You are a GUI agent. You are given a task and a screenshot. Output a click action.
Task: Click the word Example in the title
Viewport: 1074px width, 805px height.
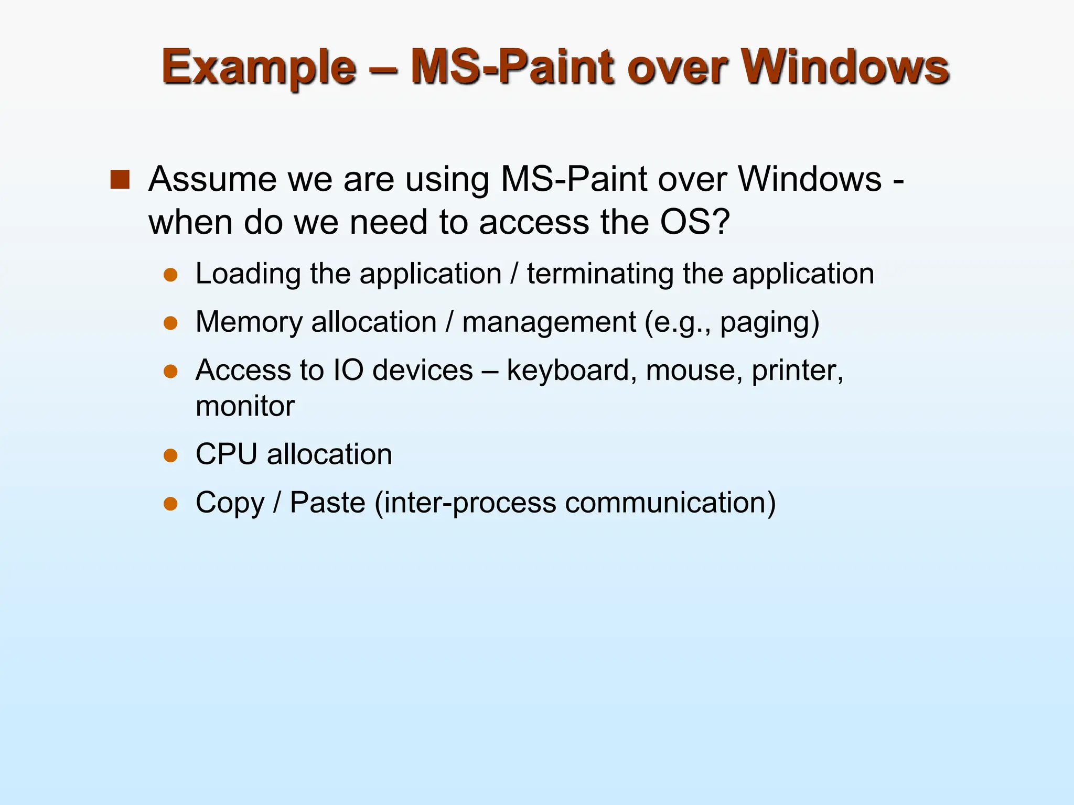pyautogui.click(x=259, y=67)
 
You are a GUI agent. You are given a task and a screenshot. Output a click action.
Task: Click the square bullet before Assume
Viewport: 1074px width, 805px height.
pyautogui.click(x=120, y=180)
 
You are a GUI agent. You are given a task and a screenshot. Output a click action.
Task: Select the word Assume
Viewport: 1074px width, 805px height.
pyautogui.click(x=212, y=179)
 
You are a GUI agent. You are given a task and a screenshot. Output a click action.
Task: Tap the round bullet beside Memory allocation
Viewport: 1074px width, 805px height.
pyautogui.click(x=170, y=323)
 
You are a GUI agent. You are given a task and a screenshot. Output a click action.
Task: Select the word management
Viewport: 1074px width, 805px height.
pyautogui.click(x=549, y=322)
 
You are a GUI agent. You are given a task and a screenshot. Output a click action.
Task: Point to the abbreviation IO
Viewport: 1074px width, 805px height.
pyautogui.click(x=349, y=370)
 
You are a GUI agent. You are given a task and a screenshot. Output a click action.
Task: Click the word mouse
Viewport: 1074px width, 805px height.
pyautogui.click(x=693, y=370)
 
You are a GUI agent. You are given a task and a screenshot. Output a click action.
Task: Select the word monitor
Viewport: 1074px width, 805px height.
pyautogui.click(x=245, y=406)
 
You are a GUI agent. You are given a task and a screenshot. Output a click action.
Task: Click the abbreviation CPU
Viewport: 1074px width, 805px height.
pyautogui.click(x=227, y=454)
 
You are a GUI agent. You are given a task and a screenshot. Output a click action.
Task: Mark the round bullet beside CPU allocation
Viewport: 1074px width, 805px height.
pyautogui.click(x=170, y=455)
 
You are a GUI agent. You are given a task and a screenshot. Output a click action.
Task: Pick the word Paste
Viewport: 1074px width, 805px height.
pyautogui.click(x=327, y=503)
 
